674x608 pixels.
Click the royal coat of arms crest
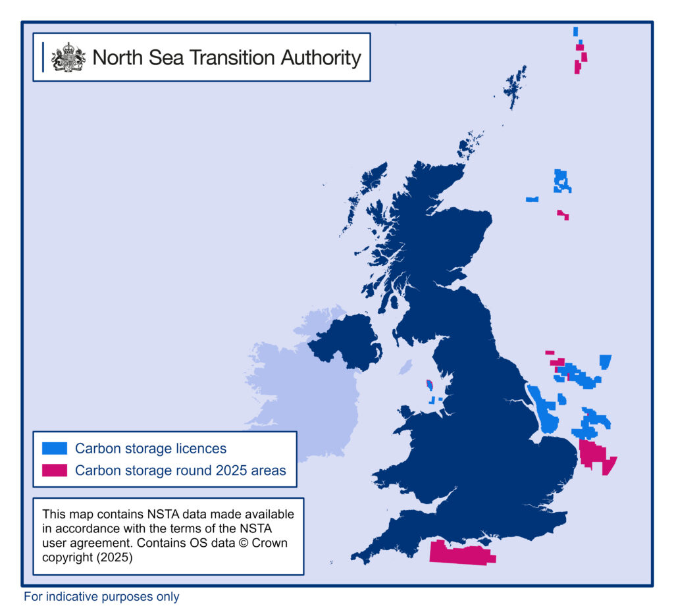[68, 57]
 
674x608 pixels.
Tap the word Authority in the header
[321, 57]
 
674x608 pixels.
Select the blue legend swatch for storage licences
[55, 449]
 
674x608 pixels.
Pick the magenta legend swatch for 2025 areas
[55, 470]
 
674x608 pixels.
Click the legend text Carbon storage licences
[150, 449]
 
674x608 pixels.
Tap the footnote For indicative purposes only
[101, 597]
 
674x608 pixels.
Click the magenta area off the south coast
[461, 553]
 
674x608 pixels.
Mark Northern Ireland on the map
[346, 340]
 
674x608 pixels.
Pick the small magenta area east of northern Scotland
[563, 215]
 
